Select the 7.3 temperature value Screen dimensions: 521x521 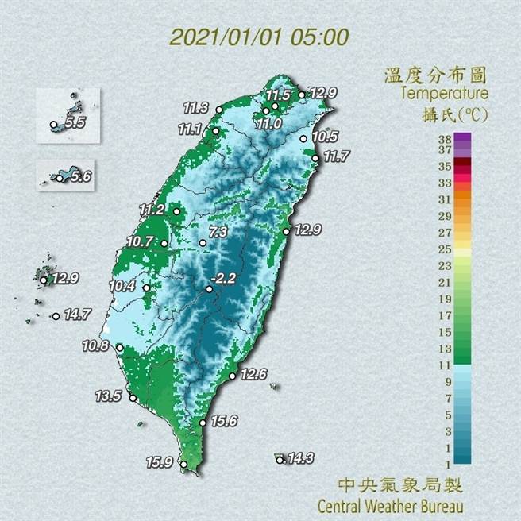218,232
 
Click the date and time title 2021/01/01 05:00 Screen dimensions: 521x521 259,37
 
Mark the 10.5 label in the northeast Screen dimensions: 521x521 325,137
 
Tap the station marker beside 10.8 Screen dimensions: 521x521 120,348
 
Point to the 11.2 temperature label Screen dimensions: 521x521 152,210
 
